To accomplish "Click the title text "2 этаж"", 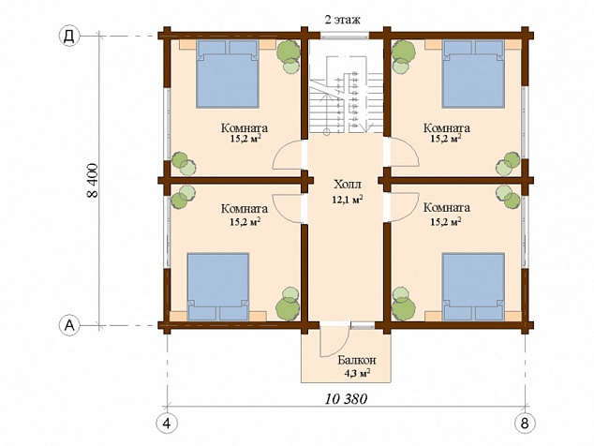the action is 342,20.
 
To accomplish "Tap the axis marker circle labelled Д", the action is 69,37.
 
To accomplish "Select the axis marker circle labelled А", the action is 69,325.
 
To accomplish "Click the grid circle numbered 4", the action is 167,423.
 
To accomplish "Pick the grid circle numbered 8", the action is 525,423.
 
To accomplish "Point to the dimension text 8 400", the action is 93,180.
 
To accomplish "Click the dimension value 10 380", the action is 346,398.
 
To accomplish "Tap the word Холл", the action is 348,185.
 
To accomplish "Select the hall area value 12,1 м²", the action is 348,200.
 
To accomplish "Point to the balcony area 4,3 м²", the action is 357,373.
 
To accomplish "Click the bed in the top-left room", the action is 228,74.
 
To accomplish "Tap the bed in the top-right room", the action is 473,74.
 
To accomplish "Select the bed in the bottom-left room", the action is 218,287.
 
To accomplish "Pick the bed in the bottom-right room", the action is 473,287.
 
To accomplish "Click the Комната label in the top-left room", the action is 245,128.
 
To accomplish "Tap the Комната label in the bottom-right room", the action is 447,208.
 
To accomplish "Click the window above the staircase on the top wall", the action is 345,36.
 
